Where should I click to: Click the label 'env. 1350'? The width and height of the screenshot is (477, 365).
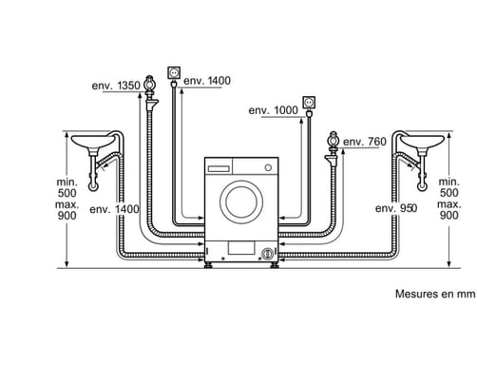point(117,86)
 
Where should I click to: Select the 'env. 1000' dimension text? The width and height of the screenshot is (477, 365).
point(272,111)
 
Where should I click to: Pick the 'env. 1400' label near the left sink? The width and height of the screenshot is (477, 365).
point(115,208)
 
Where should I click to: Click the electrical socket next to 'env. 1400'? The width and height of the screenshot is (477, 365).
point(174,71)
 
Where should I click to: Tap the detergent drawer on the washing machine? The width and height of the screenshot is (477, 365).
point(219,167)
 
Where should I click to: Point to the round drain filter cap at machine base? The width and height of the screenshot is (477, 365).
point(268,254)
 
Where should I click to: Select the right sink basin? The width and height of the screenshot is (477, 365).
point(421,143)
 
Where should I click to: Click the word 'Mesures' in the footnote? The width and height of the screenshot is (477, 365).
point(414,295)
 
